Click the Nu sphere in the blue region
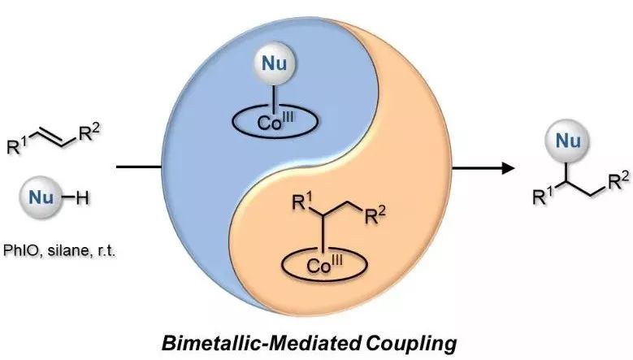pyautogui.click(x=274, y=63)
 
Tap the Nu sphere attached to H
pyautogui.click(x=41, y=197)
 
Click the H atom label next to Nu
pyautogui.click(x=83, y=198)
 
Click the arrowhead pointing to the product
pyautogui.click(x=508, y=167)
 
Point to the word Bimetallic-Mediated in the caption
pyautogui.click(x=261, y=344)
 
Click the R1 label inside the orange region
pyautogui.click(x=303, y=201)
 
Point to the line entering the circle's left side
pyautogui.click(x=139, y=167)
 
